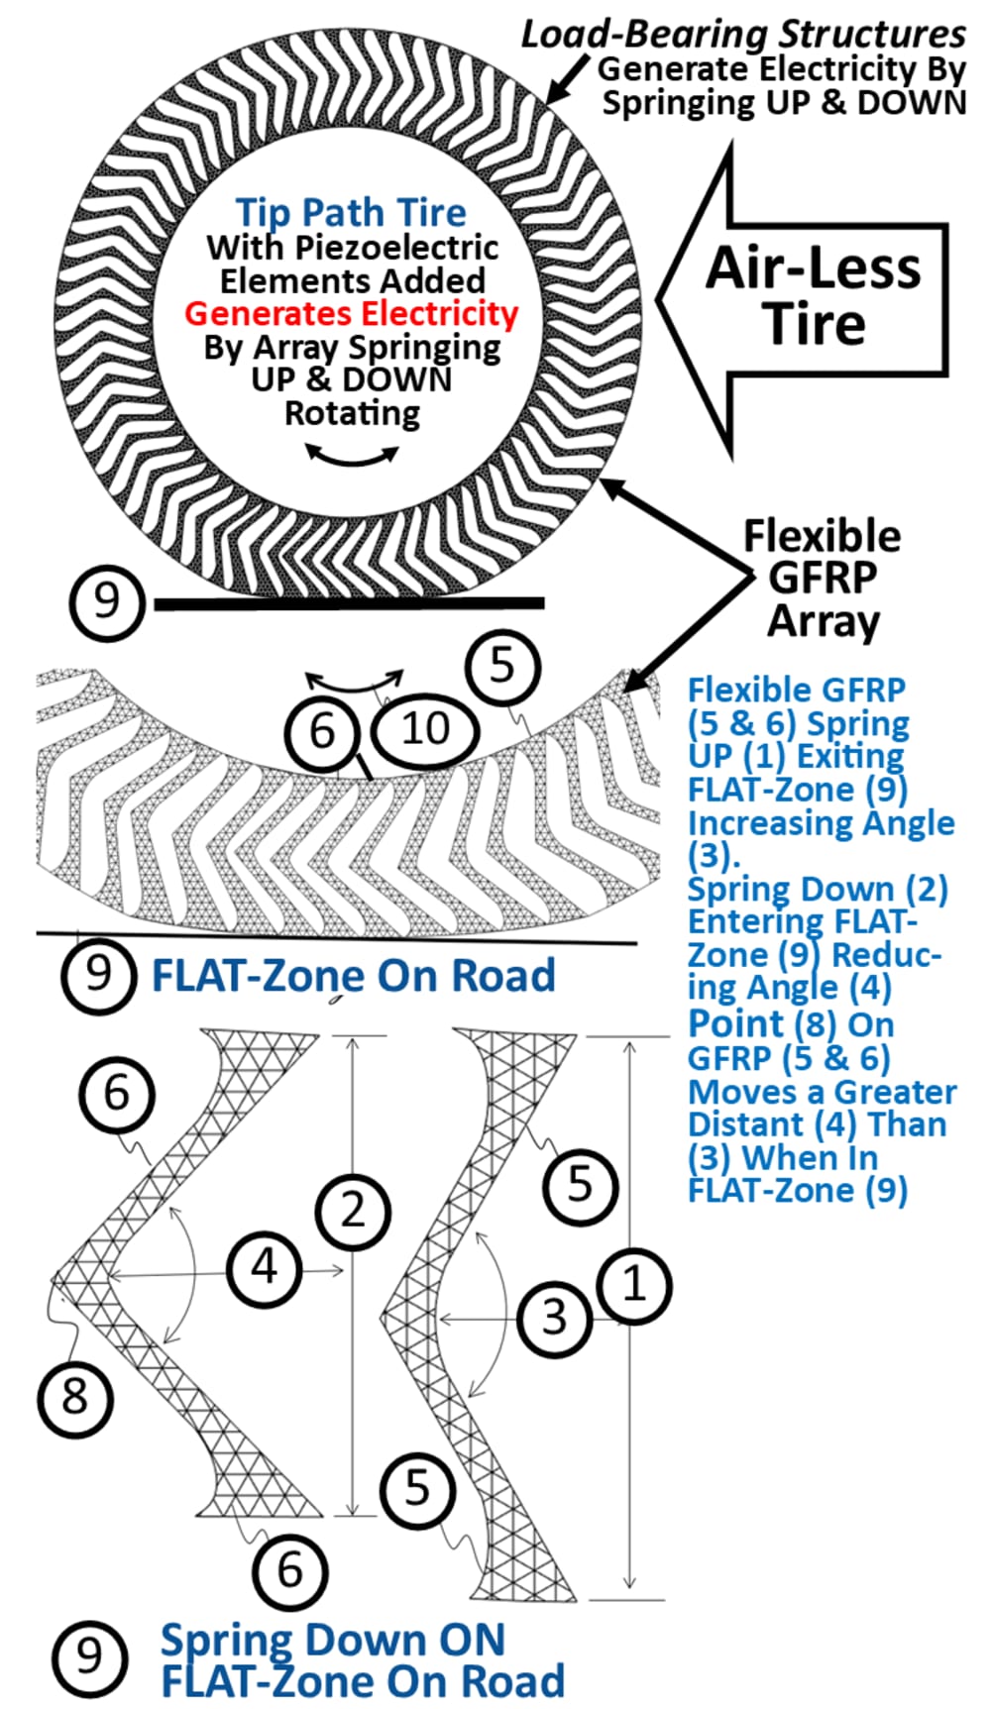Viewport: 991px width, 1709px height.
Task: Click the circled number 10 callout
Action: pos(425,729)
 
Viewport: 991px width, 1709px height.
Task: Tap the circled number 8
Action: pos(75,1397)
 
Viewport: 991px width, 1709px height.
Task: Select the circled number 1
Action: pos(634,1285)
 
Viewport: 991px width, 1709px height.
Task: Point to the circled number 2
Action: pos(353,1212)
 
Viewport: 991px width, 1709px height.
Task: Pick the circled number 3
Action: pos(554,1318)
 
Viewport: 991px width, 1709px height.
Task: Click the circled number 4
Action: pos(265,1267)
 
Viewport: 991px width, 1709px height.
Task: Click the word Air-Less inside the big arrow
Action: pos(813,268)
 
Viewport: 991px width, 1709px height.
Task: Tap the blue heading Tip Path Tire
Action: pos(351,212)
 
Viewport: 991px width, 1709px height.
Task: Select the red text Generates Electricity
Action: pos(351,314)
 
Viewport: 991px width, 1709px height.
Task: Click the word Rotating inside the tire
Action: pos(352,412)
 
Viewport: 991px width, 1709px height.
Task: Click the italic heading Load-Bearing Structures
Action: pos(743,35)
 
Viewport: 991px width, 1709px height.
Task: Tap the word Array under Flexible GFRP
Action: pos(823,621)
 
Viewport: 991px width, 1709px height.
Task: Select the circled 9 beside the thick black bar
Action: pos(106,601)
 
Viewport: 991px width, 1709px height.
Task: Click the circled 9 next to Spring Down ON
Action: pos(89,1656)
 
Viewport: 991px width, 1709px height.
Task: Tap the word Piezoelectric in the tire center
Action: pos(397,247)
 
